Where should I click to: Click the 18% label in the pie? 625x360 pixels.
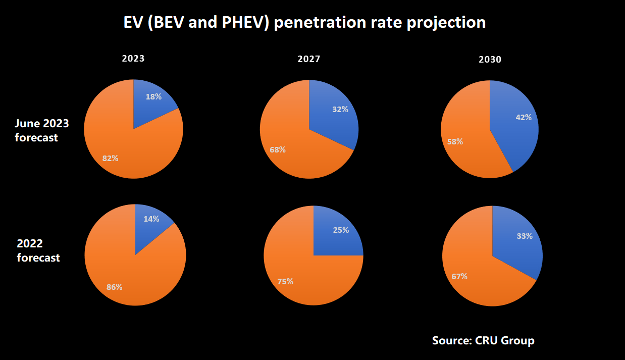point(153,97)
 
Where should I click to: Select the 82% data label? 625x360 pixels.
point(110,158)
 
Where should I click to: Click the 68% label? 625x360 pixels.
point(277,150)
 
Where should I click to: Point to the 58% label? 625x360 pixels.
point(455,141)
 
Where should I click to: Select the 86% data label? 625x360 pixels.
point(114,287)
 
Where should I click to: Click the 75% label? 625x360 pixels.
point(285,281)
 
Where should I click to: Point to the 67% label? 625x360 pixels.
point(459,276)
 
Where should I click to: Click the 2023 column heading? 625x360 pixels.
point(133,59)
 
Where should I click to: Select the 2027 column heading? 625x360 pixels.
point(309,59)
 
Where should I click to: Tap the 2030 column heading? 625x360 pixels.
point(490,60)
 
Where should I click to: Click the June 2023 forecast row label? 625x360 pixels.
point(41,130)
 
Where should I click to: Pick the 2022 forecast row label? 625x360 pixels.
point(38,250)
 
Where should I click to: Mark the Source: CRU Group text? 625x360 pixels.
point(483,340)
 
